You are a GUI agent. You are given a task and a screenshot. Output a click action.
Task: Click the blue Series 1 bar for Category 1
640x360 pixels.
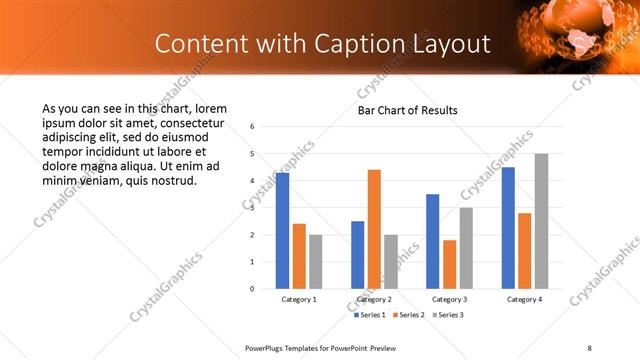coord(282,231)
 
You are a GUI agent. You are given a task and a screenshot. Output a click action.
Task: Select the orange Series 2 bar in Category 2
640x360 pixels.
coord(374,229)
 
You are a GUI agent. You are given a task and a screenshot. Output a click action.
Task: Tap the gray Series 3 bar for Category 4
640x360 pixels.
coord(541,221)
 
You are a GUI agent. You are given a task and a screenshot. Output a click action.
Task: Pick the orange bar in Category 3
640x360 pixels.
coord(449,264)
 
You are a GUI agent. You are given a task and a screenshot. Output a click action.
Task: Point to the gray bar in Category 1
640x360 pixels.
coord(315,262)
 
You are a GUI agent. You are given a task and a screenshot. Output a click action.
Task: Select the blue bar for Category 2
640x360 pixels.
coord(357,255)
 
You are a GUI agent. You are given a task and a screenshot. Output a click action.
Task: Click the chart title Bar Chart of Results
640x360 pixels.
coord(408,110)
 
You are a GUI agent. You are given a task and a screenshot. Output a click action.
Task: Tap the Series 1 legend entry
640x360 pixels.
coord(371,315)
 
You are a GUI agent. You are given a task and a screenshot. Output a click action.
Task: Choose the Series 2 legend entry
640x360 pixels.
coord(409,315)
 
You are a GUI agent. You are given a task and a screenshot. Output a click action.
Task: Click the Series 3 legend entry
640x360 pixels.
coord(447,315)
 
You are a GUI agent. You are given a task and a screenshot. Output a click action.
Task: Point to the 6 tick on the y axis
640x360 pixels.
coord(252,127)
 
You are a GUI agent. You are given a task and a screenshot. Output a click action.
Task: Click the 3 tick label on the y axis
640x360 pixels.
coord(252,208)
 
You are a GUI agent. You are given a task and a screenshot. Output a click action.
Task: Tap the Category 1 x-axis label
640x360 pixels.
coord(299,299)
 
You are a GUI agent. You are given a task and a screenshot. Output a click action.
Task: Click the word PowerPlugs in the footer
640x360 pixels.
coord(268,348)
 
